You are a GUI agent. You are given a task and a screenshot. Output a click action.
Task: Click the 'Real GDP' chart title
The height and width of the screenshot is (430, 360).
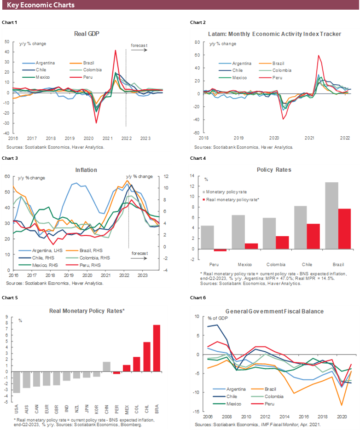87,34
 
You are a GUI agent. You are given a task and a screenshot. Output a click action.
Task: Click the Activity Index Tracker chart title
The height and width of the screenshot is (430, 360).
274,34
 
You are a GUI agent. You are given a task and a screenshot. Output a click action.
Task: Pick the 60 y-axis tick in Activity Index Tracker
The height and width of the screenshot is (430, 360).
196,55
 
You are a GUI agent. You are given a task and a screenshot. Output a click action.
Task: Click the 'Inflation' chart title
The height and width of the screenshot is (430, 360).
86,170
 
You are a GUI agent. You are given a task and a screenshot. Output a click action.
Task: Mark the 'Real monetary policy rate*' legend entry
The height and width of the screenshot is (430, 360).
233,199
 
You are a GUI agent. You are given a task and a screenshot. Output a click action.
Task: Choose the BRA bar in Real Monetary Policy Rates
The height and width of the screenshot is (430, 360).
157,348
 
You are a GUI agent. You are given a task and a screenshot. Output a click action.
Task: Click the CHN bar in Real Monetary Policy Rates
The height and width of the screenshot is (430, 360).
106,366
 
